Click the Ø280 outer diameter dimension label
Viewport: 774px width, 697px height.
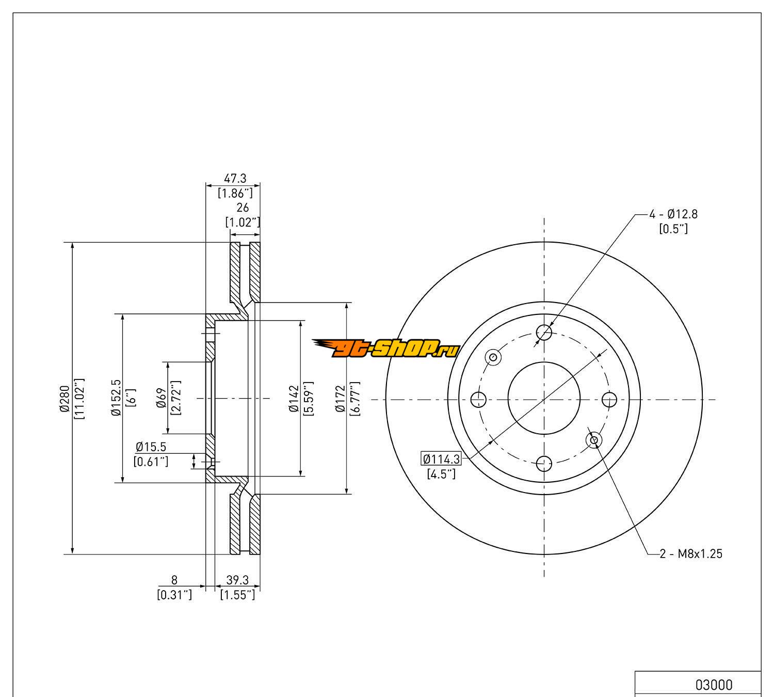click(64, 399)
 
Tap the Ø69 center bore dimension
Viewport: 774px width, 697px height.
click(161, 398)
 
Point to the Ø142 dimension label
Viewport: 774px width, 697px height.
click(294, 398)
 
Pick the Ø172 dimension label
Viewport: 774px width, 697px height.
click(340, 398)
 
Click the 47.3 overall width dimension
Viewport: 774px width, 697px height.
click(235, 179)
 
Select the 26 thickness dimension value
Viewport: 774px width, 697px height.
click(243, 208)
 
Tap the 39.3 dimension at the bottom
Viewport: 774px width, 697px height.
click(237, 581)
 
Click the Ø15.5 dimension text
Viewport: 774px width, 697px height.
click(151, 447)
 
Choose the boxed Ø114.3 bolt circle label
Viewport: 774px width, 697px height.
click(441, 458)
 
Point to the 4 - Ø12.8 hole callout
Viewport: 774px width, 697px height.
click(673, 214)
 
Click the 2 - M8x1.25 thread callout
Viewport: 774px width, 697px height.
click(691, 554)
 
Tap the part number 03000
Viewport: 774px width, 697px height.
click(714, 685)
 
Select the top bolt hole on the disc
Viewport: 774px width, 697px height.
click(544, 332)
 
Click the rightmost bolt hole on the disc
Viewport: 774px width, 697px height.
click(609, 399)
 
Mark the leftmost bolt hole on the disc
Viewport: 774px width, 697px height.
click(479, 399)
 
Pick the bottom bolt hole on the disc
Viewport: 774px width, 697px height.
click(544, 464)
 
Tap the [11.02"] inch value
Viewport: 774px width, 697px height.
click(79, 399)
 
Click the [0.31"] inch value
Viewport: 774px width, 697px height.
click(174, 595)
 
